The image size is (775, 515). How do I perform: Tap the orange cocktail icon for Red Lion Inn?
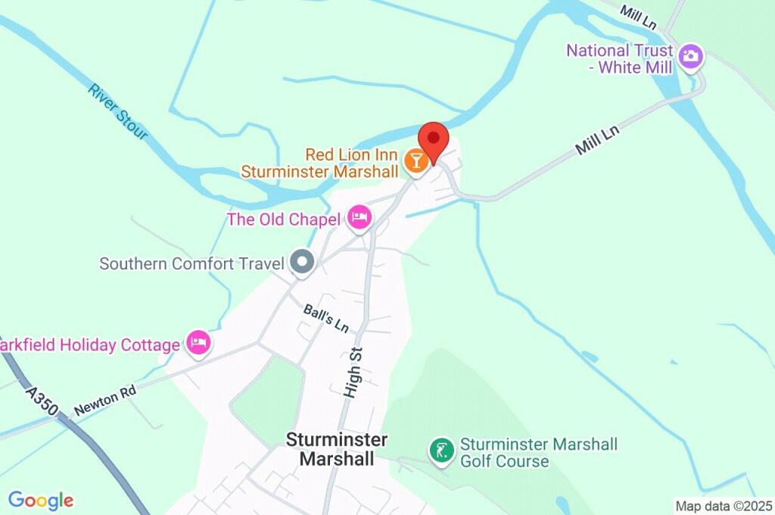(415, 161)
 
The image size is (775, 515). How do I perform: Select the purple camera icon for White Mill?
(690, 56)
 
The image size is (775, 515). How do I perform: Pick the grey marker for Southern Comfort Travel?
(303, 262)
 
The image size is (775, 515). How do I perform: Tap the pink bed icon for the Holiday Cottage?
(198, 342)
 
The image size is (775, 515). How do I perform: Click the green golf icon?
(441, 451)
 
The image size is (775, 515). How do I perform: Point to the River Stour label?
(117, 111)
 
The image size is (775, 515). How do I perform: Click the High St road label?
(353, 373)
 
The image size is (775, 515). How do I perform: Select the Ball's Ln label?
(326, 319)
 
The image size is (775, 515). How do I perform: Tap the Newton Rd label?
(105, 401)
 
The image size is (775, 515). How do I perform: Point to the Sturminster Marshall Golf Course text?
(538, 452)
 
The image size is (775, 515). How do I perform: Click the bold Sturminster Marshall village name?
(337, 449)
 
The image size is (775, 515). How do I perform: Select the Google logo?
(41, 501)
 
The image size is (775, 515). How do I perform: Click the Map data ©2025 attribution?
(724, 506)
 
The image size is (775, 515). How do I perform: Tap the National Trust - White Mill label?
(619, 58)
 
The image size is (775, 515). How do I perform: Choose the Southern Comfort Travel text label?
(191, 264)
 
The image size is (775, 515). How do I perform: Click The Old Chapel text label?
(285, 220)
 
